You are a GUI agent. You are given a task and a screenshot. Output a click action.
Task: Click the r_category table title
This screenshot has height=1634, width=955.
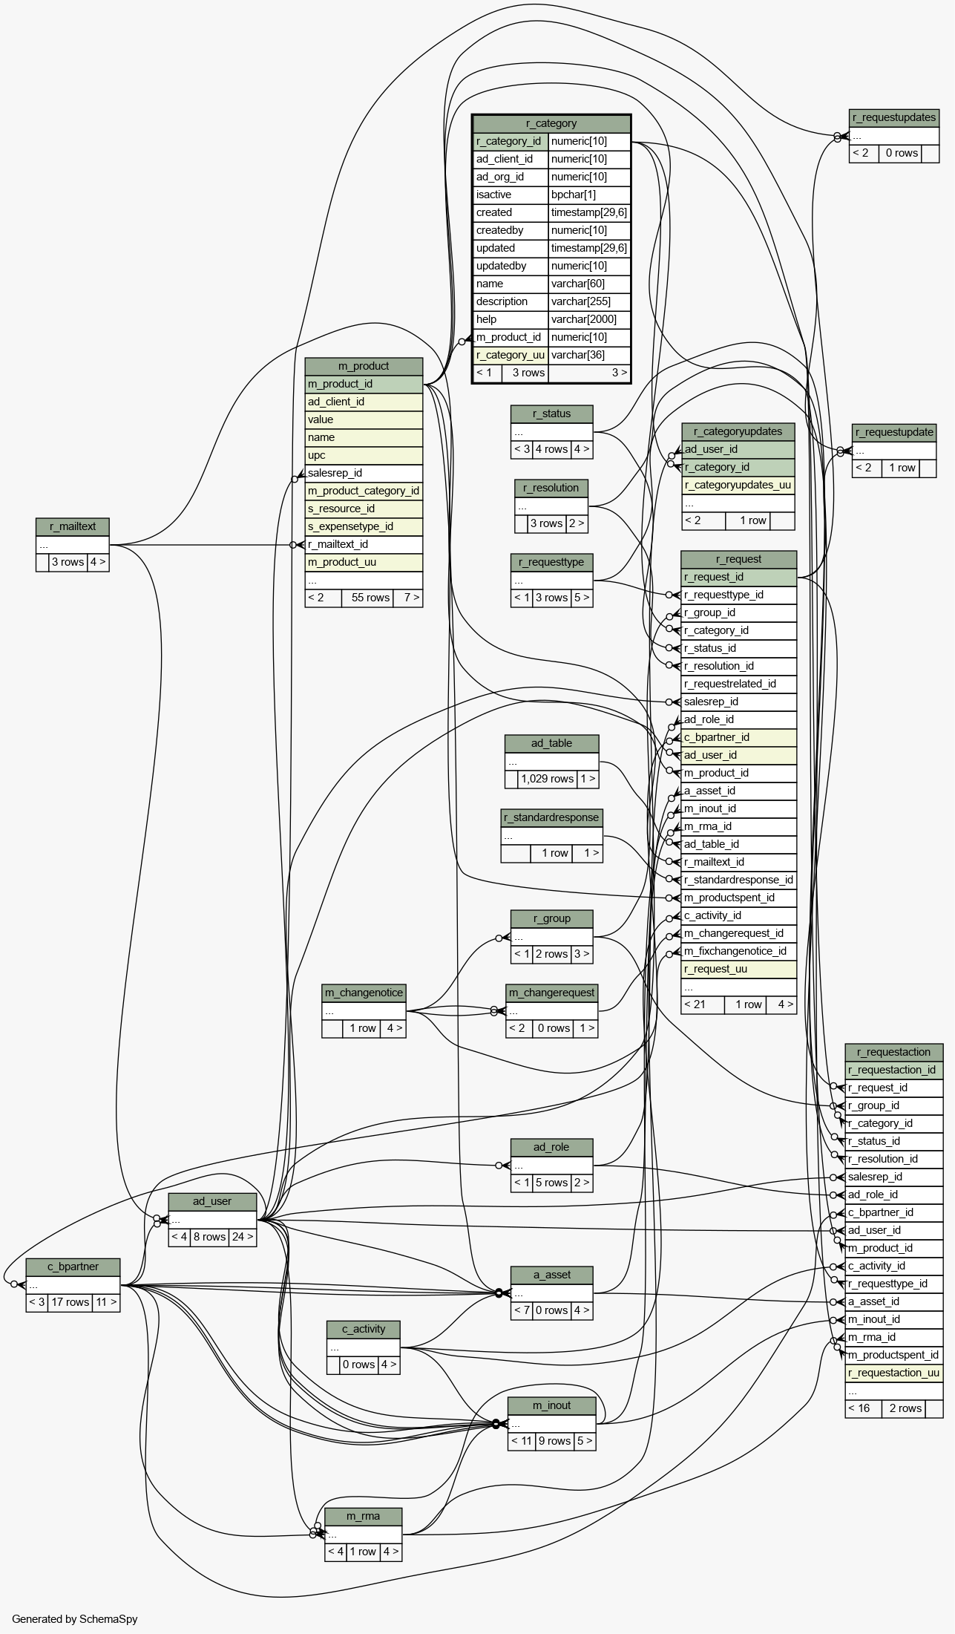point(551,123)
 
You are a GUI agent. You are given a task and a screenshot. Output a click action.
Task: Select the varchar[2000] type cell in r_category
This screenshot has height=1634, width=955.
point(589,319)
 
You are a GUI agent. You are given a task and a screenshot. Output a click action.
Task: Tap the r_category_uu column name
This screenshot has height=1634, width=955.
point(511,355)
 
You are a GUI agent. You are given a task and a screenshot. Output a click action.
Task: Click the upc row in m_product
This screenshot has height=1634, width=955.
point(364,455)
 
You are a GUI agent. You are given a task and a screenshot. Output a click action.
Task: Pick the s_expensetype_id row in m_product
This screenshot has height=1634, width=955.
point(364,526)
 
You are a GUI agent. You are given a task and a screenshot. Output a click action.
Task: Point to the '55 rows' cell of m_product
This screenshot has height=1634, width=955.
point(370,598)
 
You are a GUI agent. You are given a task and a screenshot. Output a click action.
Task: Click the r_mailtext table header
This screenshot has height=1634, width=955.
point(73,527)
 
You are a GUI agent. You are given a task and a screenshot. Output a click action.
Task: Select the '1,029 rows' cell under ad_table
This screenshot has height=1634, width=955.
point(547,779)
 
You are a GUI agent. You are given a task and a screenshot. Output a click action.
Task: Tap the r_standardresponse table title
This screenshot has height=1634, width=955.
point(551,818)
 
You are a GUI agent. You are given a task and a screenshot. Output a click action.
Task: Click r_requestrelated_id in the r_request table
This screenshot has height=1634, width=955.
point(738,684)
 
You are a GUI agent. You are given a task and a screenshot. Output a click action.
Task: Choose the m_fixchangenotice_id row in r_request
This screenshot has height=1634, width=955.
point(738,951)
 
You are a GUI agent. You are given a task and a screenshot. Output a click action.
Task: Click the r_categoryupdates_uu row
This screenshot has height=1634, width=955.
point(738,485)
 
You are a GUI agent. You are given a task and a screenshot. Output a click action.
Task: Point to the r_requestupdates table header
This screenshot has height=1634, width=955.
point(894,117)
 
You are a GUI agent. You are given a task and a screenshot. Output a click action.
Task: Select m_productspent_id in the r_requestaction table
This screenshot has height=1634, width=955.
point(893,1355)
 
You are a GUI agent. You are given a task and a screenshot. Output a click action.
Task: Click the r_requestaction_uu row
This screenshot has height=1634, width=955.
point(893,1373)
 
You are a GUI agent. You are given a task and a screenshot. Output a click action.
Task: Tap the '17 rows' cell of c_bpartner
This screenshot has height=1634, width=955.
point(70,1302)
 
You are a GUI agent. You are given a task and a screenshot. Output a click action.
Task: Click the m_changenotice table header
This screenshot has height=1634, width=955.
point(364,993)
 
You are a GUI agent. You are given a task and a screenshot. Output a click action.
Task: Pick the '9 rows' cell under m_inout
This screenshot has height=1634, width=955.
point(554,1441)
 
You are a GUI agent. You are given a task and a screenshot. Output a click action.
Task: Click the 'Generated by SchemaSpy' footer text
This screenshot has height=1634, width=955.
point(74,1619)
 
